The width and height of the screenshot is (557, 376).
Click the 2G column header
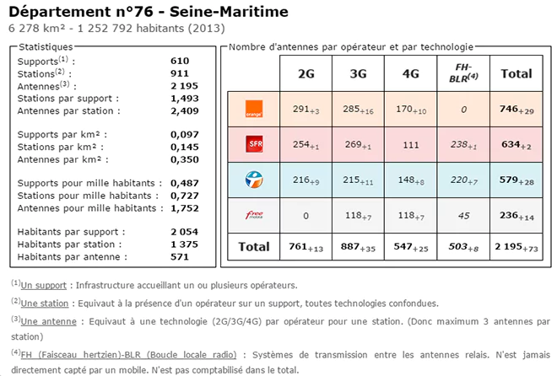[x=306, y=74]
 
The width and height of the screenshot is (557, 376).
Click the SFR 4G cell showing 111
[x=410, y=144]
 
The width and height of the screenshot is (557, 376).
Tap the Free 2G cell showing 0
[x=306, y=216]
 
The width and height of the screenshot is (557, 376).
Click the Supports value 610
[x=180, y=62]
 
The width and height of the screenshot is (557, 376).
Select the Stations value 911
[x=180, y=74]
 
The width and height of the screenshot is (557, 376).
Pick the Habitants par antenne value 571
[x=180, y=257]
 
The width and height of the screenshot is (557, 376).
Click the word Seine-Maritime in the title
[x=229, y=13]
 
